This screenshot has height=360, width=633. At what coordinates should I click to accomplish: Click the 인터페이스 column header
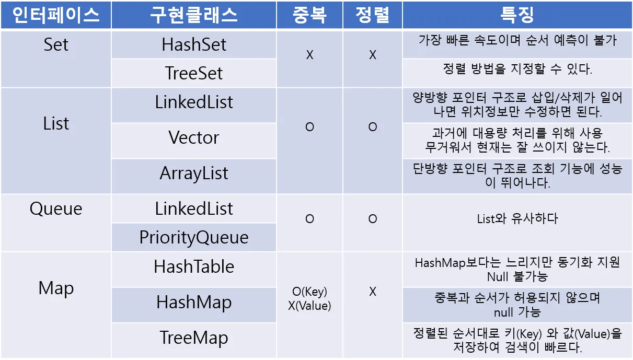tap(56, 15)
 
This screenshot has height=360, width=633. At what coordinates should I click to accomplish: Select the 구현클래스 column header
tap(193, 15)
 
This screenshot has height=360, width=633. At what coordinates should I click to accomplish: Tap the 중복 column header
tap(309, 15)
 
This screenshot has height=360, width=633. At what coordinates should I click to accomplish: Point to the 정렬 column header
tap(373, 15)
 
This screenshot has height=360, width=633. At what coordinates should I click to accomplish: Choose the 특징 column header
tap(517, 15)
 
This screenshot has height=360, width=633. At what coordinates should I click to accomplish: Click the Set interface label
tap(56, 44)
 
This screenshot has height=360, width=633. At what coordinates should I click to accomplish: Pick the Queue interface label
tap(56, 209)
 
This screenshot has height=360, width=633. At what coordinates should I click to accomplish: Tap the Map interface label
tap(56, 288)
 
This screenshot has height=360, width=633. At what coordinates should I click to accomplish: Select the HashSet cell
tap(194, 44)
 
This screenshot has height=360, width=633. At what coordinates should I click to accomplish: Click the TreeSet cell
tap(194, 73)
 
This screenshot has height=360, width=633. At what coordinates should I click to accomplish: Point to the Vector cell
tap(194, 137)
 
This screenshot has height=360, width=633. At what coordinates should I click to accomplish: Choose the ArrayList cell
tap(194, 173)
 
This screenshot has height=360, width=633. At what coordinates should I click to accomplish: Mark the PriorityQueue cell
tap(194, 238)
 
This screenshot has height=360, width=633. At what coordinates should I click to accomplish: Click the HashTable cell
tap(194, 266)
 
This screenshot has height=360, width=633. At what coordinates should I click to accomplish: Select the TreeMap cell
tap(194, 338)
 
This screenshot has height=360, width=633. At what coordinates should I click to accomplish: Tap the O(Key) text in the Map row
tap(309, 292)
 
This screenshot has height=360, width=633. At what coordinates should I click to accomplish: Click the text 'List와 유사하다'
tap(517, 219)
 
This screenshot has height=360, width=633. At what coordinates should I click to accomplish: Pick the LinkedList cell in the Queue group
tap(194, 209)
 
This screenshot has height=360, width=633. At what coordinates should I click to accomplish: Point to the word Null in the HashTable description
tap(498, 276)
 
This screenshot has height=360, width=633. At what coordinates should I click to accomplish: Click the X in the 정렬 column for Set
tap(373, 55)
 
